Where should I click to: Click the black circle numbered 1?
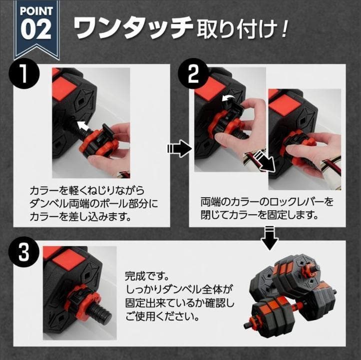[x=23, y=77]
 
